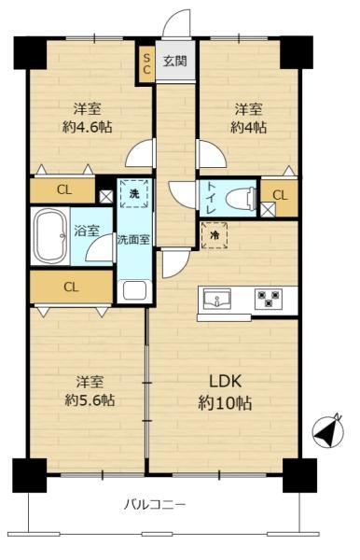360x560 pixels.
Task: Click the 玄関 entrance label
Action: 174,61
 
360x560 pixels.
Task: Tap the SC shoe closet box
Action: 146,65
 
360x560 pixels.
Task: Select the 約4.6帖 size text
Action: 88,127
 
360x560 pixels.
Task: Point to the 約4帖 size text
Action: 249,127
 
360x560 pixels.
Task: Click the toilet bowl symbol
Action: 241,198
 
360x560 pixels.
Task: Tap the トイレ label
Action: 212,198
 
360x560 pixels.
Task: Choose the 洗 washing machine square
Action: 133,193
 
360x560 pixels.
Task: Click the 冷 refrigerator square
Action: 215,235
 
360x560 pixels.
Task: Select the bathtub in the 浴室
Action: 50,236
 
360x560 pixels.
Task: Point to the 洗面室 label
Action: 133,240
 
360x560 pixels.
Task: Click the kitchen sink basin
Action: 217,299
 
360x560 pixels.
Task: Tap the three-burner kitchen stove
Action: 269,299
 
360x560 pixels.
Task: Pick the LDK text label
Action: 226,382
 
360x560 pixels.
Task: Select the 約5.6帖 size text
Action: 90,400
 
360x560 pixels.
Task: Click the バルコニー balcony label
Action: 155,505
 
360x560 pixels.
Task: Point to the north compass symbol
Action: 328,430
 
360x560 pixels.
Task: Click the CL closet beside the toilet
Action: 280,198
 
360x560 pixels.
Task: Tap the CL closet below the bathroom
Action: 72,287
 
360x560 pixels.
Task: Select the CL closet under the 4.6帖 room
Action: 62,190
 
